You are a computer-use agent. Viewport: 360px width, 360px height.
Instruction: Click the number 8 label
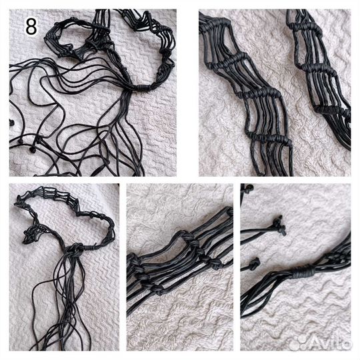[31, 27]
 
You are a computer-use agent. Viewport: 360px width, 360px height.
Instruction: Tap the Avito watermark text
[331, 344]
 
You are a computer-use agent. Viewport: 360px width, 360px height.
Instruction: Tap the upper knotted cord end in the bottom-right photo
[279, 225]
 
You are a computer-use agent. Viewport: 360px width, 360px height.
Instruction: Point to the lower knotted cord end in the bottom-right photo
[255, 264]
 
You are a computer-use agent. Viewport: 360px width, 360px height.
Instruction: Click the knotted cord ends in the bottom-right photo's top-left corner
[247, 188]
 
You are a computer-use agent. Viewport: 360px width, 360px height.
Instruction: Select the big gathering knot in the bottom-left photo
[75, 249]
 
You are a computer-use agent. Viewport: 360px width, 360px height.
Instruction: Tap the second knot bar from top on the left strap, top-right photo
[229, 60]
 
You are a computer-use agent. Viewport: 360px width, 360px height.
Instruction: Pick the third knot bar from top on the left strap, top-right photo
[259, 93]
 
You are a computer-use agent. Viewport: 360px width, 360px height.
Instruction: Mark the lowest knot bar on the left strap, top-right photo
[269, 138]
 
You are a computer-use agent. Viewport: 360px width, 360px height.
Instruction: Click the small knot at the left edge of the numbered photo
[11, 123]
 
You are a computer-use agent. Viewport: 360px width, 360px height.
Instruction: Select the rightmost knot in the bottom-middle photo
[215, 264]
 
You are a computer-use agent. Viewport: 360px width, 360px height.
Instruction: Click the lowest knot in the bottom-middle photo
[159, 290]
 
